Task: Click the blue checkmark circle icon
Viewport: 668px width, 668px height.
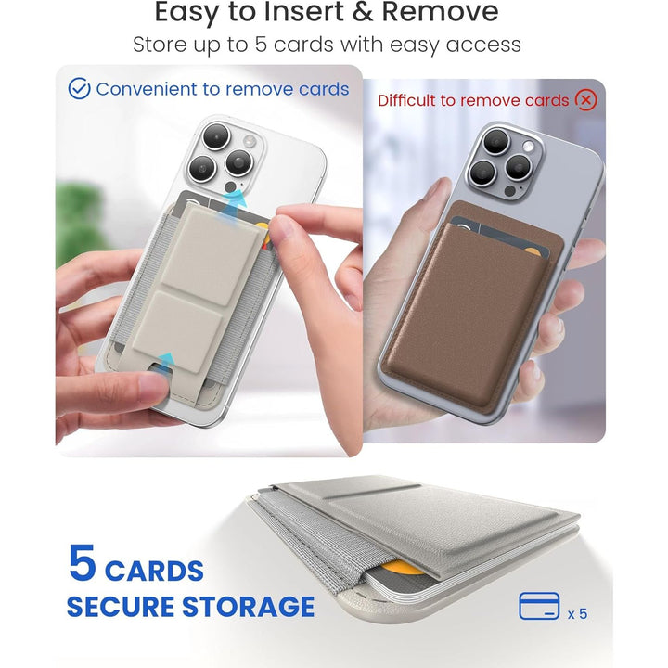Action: tap(80, 89)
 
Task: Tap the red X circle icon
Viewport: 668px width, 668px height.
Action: tap(585, 100)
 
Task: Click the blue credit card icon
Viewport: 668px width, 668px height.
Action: tap(538, 606)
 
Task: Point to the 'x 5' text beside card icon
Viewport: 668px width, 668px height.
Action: tap(577, 612)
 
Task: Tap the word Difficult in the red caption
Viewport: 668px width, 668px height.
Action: tap(414, 100)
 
